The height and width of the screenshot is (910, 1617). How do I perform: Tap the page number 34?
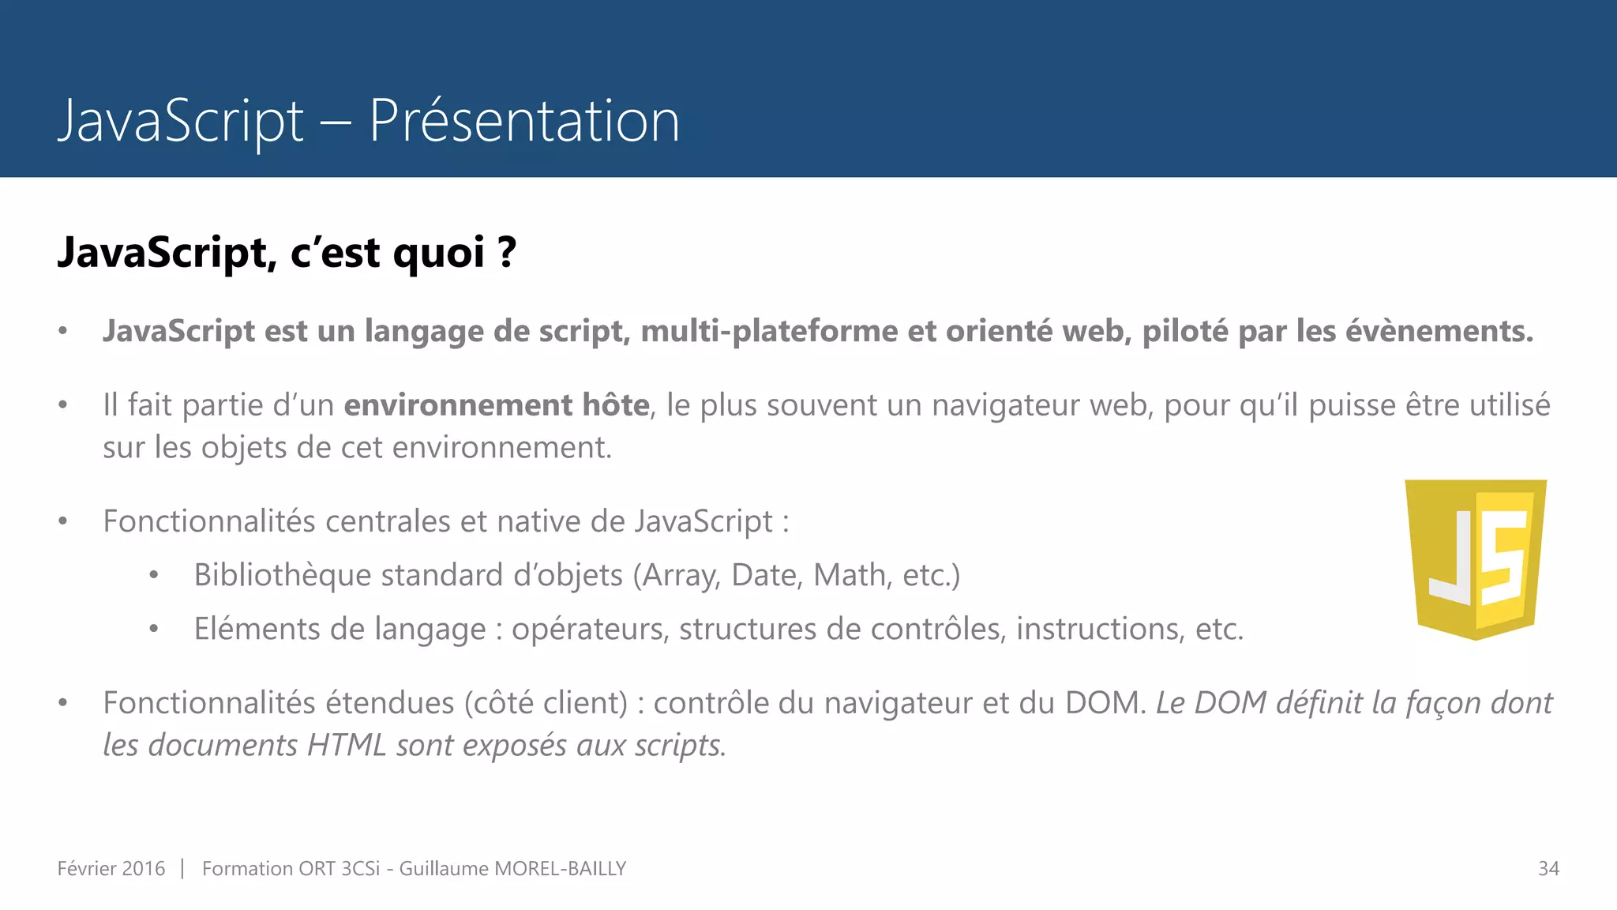pyautogui.click(x=1548, y=868)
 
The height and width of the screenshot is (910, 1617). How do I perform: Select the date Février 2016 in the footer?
pyautogui.click(x=111, y=868)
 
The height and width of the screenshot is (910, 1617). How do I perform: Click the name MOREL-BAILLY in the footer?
pyautogui.click(x=560, y=868)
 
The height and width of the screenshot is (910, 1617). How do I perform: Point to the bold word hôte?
pyautogui.click(x=615, y=404)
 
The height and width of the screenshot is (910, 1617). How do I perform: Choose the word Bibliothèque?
pyautogui.click(x=282, y=575)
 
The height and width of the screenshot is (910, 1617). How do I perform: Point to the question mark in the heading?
pyautogui.click(x=507, y=253)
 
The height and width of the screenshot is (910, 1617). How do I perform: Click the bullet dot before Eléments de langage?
pyautogui.click(x=154, y=630)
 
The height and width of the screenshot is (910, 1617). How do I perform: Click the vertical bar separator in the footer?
pyautogui.click(x=182, y=868)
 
